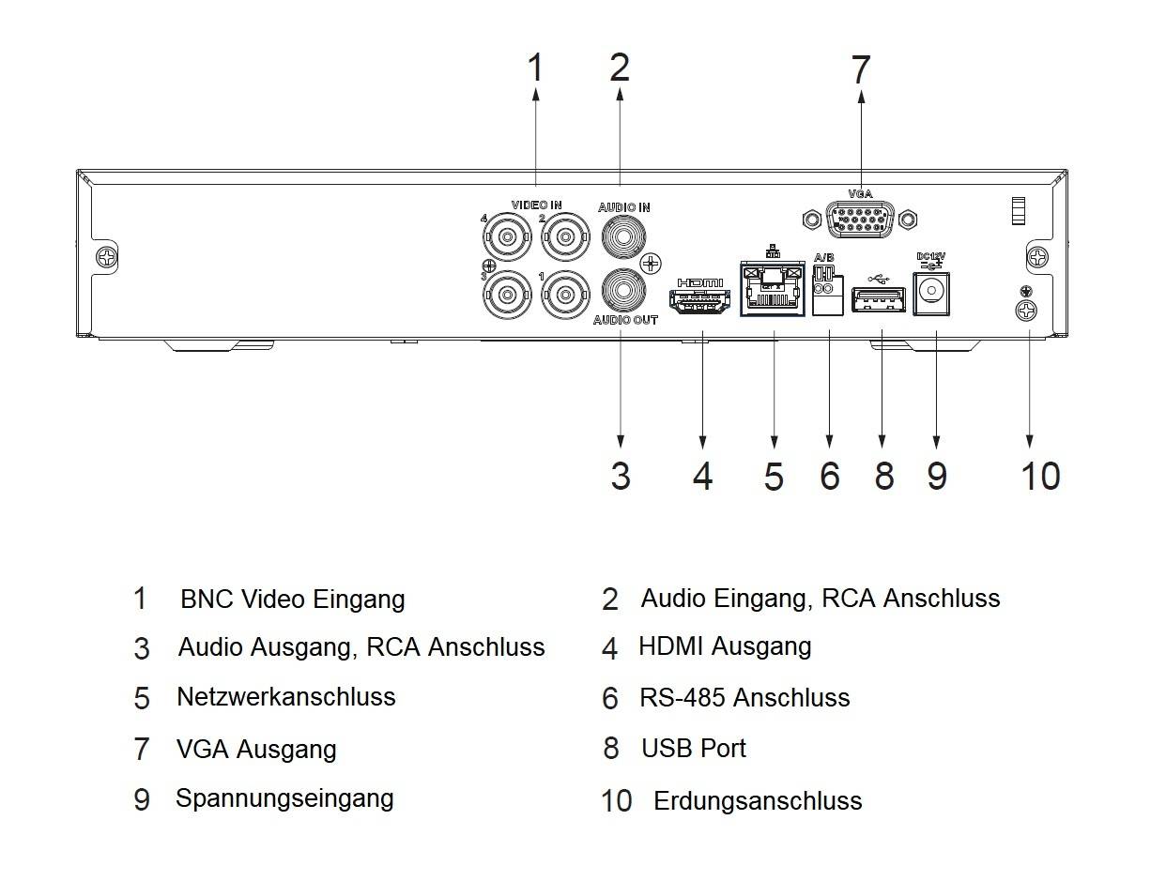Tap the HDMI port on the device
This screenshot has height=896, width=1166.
(698, 300)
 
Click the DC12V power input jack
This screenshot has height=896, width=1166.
(931, 291)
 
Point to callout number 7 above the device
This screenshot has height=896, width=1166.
(860, 70)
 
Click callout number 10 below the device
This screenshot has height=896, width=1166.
(1040, 476)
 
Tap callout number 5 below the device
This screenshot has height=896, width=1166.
(773, 477)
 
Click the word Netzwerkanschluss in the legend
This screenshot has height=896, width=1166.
(286, 697)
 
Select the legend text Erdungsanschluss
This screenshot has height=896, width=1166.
(758, 801)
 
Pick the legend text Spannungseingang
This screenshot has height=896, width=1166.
(284, 798)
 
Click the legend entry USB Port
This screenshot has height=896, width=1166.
(694, 749)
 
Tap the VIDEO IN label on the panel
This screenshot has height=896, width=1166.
(536, 205)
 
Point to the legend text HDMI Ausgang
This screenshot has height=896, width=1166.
(725, 646)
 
